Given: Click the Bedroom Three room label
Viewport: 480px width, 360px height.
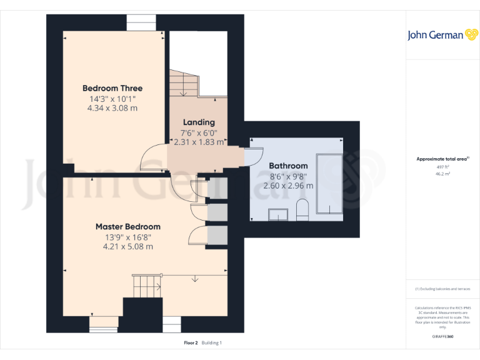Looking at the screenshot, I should click(112, 88).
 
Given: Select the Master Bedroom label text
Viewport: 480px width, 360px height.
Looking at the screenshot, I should click(127, 226).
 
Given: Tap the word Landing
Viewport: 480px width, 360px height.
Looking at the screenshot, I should click(199, 122).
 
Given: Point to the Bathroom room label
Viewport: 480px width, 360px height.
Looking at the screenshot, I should click(288, 166).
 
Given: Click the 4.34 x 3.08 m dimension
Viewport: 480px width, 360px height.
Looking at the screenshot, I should click(112, 108).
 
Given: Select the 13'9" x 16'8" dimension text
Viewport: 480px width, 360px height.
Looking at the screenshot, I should click(127, 237).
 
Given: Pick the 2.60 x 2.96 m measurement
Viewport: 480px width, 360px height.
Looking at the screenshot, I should click(288, 186).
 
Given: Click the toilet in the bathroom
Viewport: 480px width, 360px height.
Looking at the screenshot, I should click(302, 211).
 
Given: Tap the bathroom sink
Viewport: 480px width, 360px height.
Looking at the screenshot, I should click(277, 214).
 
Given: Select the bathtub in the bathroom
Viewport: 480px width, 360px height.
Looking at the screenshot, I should click(330, 184).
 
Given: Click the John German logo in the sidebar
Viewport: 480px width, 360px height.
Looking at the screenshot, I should click(442, 35).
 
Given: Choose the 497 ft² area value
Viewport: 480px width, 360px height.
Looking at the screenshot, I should click(442, 167).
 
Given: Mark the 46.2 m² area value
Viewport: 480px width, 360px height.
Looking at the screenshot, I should click(442, 174).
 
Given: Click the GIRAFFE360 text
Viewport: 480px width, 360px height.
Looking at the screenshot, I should click(442, 336).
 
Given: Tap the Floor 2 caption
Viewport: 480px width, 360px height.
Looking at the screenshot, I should click(191, 342).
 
